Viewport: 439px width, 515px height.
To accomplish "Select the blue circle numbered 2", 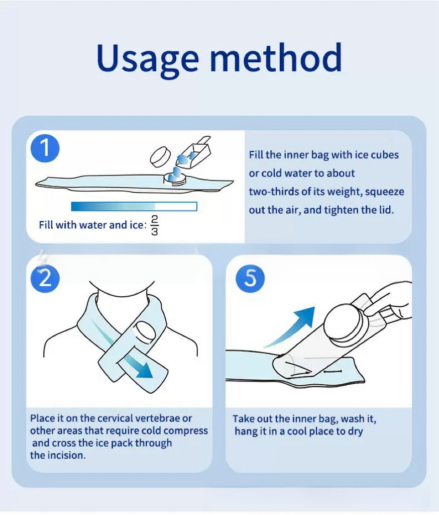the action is coord(45,279).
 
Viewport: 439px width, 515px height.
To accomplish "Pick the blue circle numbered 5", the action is coord(250,279).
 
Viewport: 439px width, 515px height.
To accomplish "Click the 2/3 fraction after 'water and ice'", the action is coord(155,225).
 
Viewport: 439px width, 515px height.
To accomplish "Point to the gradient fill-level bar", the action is coord(134,206).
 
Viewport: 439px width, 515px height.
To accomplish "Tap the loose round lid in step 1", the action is coord(160,156).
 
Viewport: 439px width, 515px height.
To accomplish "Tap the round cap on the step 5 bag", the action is coord(344,325).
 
